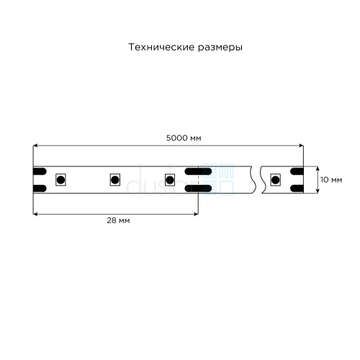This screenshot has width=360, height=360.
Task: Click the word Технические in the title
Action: click(x=161, y=47)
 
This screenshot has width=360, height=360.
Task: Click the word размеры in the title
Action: click(x=220, y=48)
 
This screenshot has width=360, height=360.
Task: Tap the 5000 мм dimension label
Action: click(x=184, y=138)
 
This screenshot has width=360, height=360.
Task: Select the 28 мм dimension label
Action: click(x=118, y=220)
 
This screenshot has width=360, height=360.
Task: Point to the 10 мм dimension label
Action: click(x=331, y=180)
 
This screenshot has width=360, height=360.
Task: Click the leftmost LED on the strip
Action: click(x=60, y=180)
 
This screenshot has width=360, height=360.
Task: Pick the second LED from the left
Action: click(x=115, y=180)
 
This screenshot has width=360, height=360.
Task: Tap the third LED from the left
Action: click(x=170, y=180)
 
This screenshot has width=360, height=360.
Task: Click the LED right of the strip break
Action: click(x=275, y=180)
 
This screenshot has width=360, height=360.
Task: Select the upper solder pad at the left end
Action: click(x=40, y=171)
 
